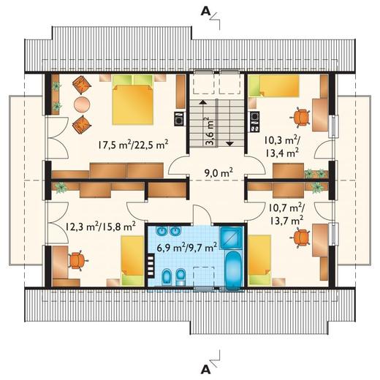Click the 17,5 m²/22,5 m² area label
point(133,145)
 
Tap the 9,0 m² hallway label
point(218,172)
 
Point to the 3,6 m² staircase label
point(209,131)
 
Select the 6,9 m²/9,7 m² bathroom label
point(187,248)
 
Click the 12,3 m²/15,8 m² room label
point(100,227)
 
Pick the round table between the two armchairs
point(82,104)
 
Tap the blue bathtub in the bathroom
point(234,270)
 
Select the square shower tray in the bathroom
point(232,238)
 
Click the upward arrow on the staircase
point(202,123)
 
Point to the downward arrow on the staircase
point(230,123)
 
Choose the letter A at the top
point(205,12)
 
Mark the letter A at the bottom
point(206,370)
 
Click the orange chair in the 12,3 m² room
point(77,260)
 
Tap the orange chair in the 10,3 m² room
point(301,117)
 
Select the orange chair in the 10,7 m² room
point(302,237)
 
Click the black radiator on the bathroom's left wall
point(151,265)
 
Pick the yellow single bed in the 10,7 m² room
point(259,259)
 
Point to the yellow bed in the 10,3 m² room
point(274,85)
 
